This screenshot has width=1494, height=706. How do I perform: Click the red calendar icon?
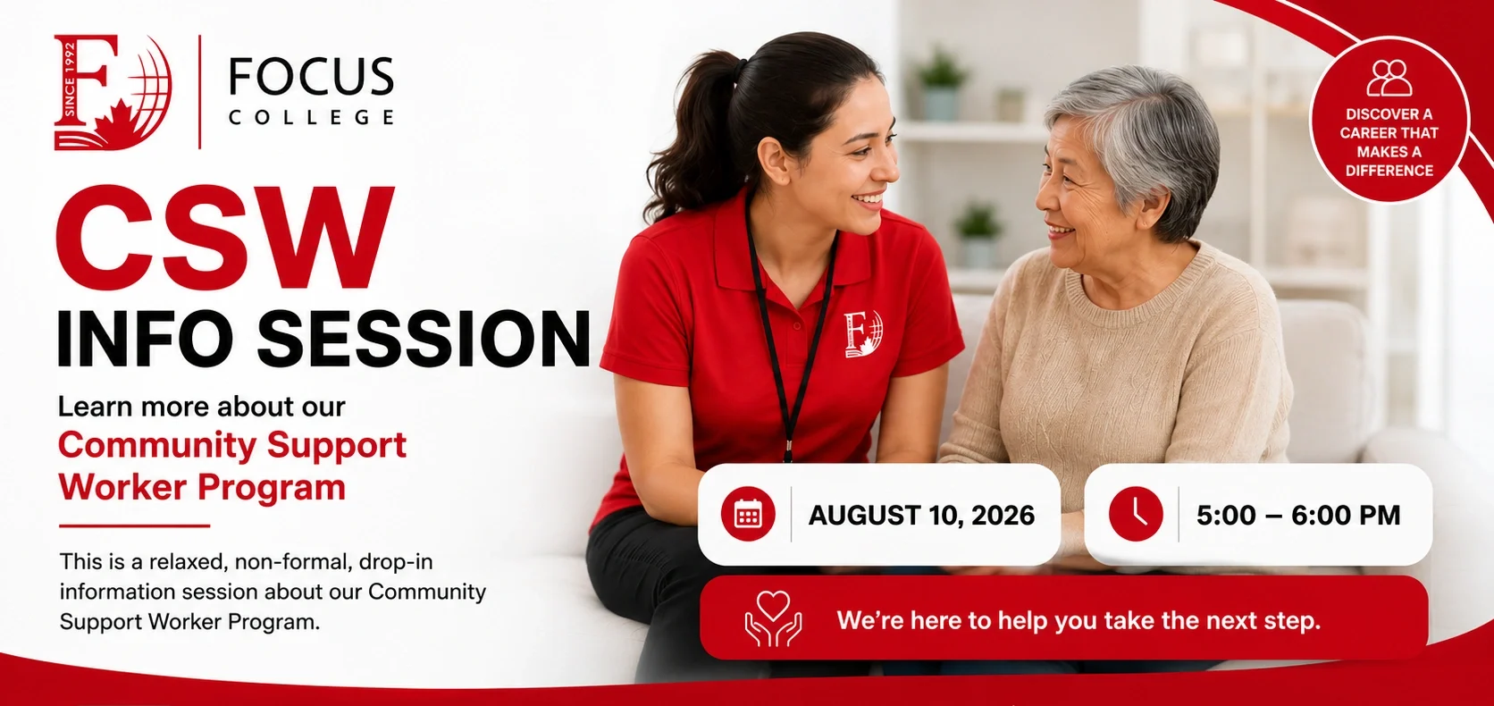(748, 514)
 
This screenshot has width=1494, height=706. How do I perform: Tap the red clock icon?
(1136, 514)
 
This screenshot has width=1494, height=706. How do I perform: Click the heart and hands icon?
(773, 618)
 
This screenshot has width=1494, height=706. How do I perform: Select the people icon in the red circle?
(1389, 78)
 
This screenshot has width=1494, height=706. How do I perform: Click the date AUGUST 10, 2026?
(922, 515)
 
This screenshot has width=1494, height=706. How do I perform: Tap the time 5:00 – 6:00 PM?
(1298, 515)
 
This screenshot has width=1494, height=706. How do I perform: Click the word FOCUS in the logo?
(311, 76)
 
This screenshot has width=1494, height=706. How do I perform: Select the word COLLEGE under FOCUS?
(311, 117)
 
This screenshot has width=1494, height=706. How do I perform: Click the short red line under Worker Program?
(134, 525)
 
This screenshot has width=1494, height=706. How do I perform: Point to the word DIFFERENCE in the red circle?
(1389, 171)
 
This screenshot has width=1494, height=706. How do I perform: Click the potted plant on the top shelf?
(940, 83)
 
